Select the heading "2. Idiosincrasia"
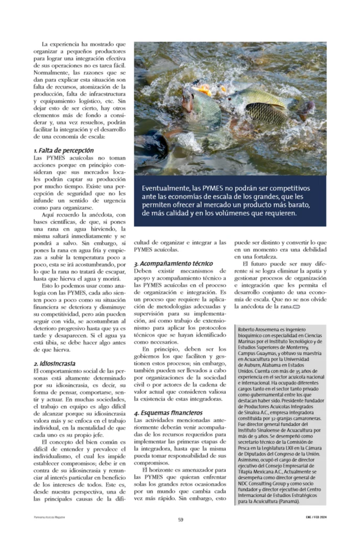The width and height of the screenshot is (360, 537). (x=54, y=363)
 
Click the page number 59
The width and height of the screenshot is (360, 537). (x=180, y=520)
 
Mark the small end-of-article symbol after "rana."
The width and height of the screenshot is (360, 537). (x=297, y=306)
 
